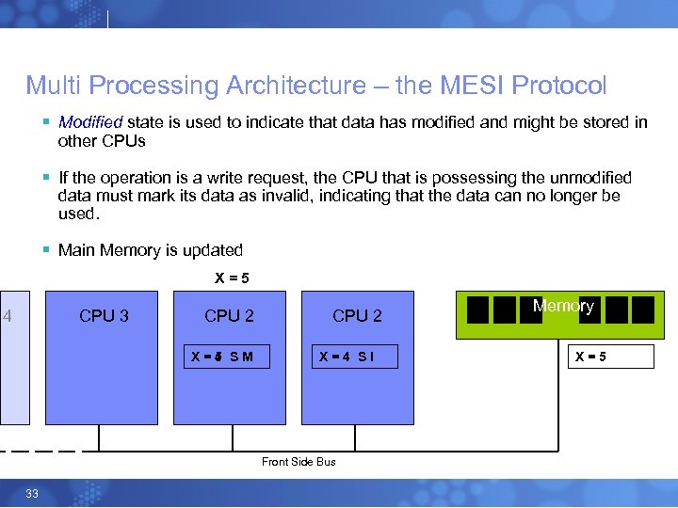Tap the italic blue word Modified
90,122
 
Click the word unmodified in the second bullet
585,178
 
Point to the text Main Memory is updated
151,250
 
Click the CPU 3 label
104,316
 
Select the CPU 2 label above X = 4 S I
357,316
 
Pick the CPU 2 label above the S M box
229,316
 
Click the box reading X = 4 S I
356,357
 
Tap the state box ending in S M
229,357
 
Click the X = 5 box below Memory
613,357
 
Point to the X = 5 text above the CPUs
232,278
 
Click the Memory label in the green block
563,306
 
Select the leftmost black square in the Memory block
478,310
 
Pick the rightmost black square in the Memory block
642,310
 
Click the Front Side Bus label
299,461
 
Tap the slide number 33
32,494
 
